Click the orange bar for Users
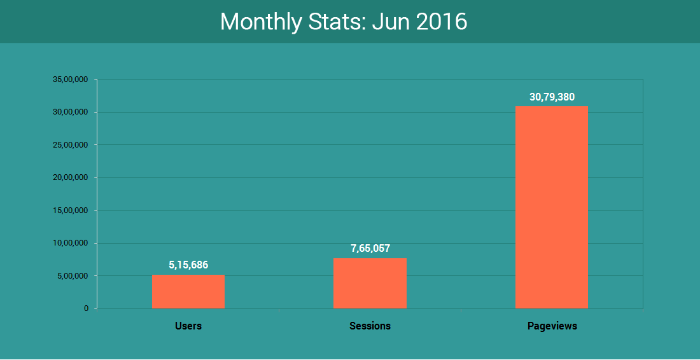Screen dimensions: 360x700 click(188, 291)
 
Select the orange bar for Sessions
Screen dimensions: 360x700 click(370, 283)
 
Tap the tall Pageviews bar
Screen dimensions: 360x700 click(551, 207)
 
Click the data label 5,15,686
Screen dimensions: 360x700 click(188, 265)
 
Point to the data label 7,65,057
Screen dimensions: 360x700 click(370, 248)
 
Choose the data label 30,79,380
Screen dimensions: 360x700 click(552, 97)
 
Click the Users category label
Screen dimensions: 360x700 click(188, 326)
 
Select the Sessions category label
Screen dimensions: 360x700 click(370, 326)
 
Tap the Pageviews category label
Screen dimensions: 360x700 click(552, 326)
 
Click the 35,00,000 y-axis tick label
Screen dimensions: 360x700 click(71, 80)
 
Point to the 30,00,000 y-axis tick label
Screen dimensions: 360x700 click(71, 112)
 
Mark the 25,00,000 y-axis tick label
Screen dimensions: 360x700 click(71, 145)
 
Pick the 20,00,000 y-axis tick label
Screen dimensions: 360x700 click(71, 177)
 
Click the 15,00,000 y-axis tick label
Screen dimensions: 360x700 click(71, 211)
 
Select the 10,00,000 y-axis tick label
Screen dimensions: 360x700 click(71, 243)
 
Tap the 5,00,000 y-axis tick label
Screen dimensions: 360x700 click(73, 276)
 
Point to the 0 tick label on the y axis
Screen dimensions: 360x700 click(86, 308)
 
